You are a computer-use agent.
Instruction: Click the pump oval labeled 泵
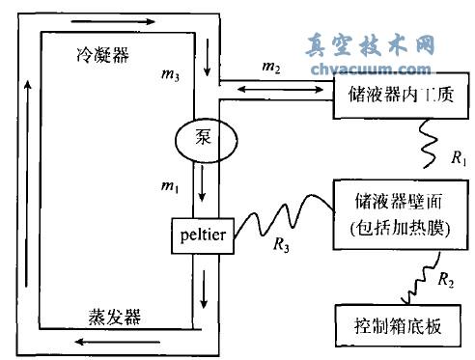[x=199, y=139]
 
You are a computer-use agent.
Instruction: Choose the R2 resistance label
[x=445, y=282]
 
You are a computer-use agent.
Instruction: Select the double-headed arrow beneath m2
[x=275, y=89]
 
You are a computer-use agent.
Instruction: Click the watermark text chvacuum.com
[x=371, y=69]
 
